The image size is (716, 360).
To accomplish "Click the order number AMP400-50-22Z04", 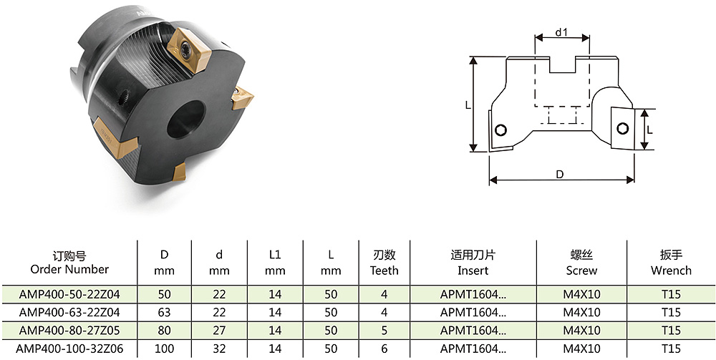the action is point(69,294).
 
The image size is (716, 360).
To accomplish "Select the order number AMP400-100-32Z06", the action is point(69,349).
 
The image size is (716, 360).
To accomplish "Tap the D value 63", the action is point(165,313).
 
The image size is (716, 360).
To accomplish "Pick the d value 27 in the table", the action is point(220,331).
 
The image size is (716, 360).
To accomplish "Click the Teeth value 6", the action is point(384,349).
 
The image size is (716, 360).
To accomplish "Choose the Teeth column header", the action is point(384,263).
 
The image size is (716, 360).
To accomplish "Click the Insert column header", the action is point(473,263).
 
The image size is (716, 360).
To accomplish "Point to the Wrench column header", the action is point(672,263).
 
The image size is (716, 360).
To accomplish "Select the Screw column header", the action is point(581,263).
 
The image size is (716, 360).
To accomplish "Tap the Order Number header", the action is point(69,263).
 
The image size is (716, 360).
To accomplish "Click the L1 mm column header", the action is point(275,263).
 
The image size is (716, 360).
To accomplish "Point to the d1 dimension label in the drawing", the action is point(561,32).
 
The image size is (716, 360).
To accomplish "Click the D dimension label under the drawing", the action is point(561,175).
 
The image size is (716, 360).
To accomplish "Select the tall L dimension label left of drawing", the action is point(468,105).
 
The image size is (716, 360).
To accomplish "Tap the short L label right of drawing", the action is point(650,130).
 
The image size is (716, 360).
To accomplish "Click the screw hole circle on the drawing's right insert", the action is point(622,129).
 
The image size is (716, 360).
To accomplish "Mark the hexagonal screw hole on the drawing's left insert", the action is point(500,130).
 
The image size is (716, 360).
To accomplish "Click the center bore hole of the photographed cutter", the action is point(185,119).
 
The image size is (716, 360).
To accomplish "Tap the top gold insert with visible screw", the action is point(189,50).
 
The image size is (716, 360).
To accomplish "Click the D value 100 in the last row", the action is point(165,349).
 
